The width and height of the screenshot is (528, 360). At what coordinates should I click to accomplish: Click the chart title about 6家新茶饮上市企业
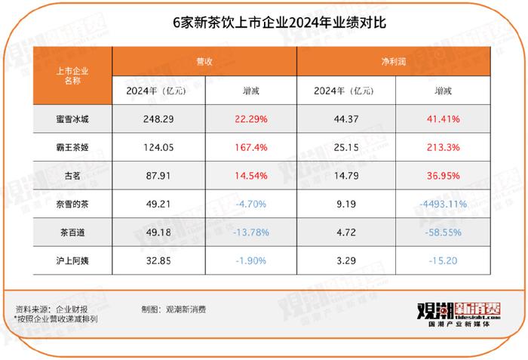point(262,23)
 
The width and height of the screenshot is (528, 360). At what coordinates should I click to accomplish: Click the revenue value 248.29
point(158,118)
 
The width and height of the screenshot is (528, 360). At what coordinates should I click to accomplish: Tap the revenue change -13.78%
point(252,232)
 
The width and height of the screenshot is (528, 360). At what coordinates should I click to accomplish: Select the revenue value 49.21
point(158,204)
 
